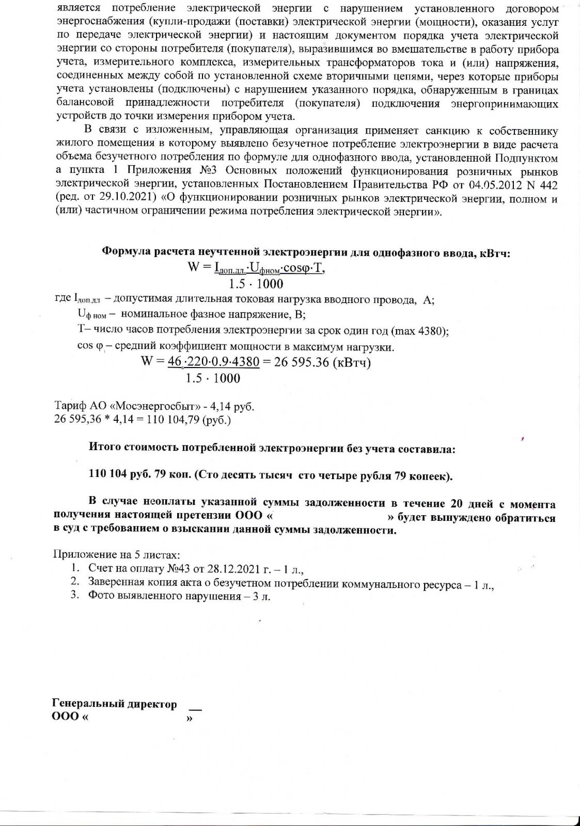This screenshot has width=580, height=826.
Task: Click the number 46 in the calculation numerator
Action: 175,362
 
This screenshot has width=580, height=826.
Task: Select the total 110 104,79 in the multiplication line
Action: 173,420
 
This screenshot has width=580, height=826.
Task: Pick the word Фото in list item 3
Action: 101,596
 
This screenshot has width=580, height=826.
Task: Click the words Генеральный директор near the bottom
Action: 115,704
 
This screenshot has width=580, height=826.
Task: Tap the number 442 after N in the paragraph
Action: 548,184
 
